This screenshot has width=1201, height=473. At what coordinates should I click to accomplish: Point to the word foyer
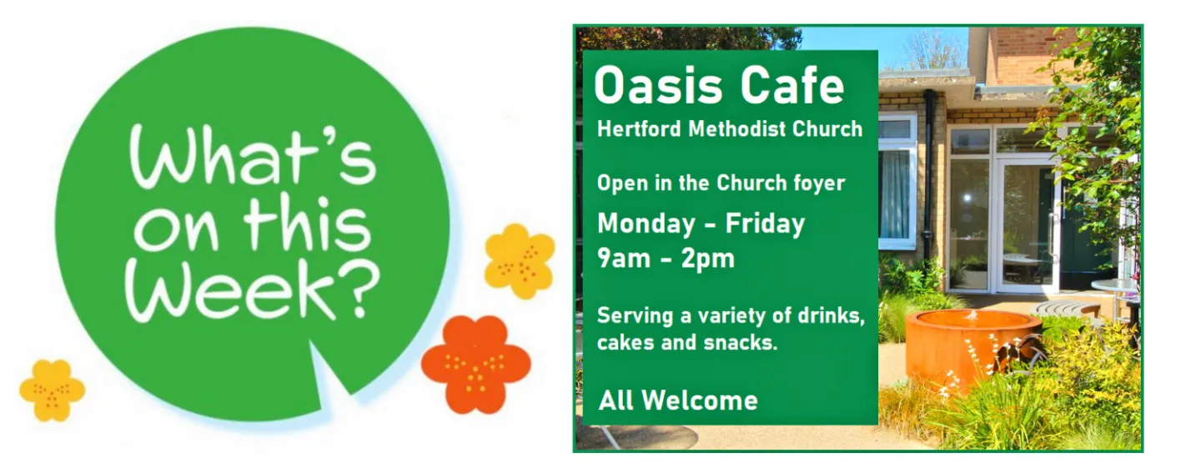pos(819,184)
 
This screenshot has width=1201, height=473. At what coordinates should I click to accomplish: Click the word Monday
pos(646,224)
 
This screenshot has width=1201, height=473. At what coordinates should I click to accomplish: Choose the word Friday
pos(765,224)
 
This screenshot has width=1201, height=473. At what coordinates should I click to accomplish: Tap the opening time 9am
pos(624,259)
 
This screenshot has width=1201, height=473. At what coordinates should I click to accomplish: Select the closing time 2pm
pos(708,259)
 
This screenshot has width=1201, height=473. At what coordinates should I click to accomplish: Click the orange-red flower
pos(476,365)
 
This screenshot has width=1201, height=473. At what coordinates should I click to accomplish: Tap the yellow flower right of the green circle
pos(520,261)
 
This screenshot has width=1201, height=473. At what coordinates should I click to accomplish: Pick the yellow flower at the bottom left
pos(52,390)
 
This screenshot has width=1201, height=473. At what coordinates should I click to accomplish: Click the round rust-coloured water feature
pos(972,349)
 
